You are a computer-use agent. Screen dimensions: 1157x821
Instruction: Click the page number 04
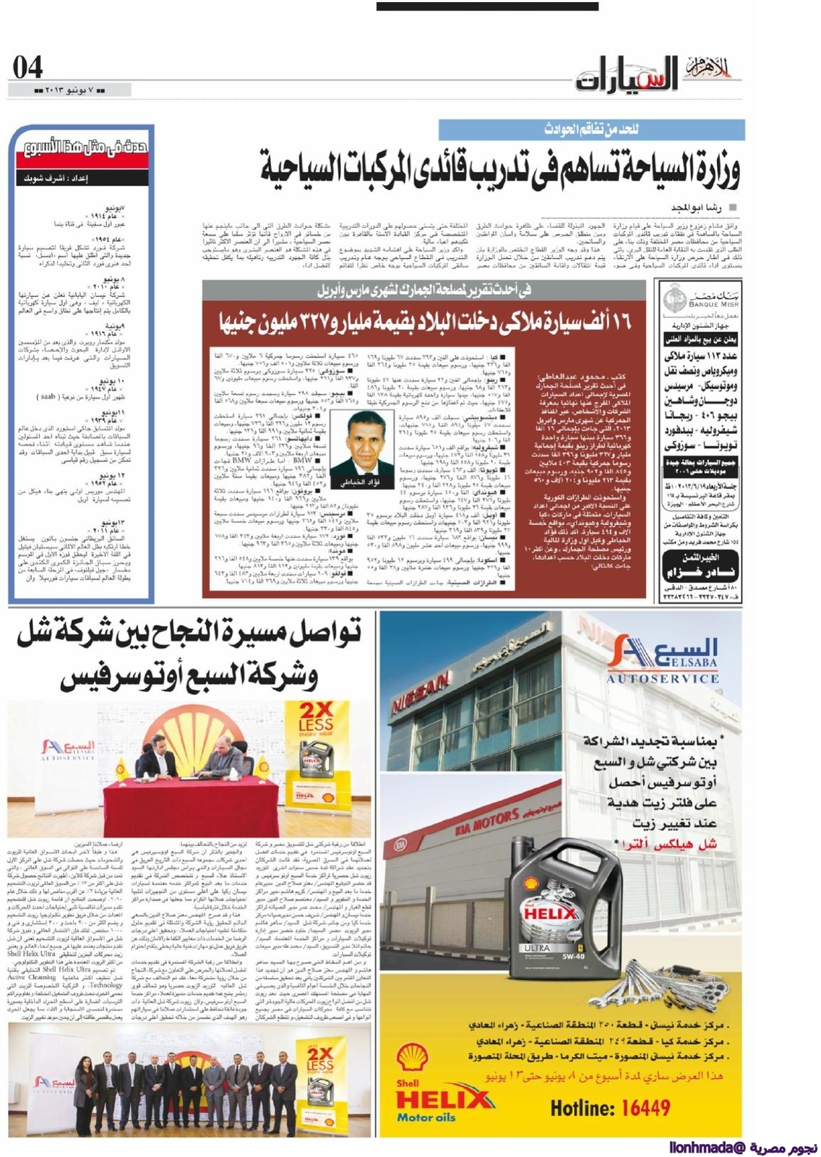pos(27,68)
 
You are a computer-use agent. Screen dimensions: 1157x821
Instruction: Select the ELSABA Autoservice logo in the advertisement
pos(661,660)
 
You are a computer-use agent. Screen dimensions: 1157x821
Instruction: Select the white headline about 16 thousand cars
pos(424,321)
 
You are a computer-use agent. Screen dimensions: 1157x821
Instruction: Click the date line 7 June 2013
pos(69,90)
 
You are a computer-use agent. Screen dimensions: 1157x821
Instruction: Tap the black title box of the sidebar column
pos(82,161)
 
